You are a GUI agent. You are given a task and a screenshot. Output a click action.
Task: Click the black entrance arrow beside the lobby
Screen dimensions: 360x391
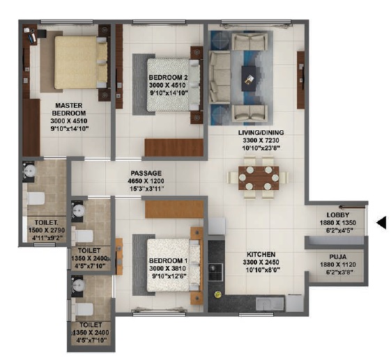coord(381,223)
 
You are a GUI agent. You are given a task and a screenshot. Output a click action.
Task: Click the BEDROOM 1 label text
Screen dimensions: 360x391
coord(165,261)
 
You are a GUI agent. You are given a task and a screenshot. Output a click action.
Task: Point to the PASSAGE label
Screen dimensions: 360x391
coord(146,173)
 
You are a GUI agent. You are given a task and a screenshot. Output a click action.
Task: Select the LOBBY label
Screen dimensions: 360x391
coord(337,215)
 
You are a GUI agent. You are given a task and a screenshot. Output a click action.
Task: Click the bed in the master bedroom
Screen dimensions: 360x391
coord(75,63)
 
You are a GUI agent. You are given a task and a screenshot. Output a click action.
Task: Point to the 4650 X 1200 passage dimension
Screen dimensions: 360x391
coord(146,180)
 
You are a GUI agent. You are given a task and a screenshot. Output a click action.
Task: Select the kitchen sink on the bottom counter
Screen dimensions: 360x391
coord(268,304)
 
